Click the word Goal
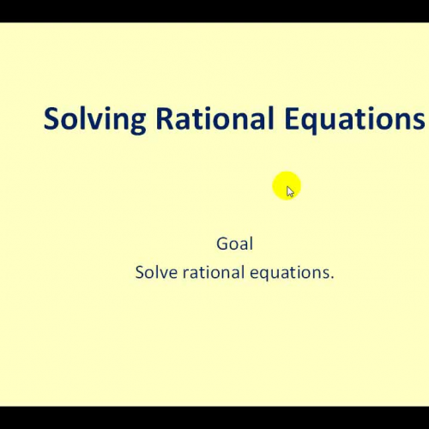pos(234,244)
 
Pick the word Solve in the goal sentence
pos(155,273)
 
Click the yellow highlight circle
pos(286,186)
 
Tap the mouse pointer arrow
pos(290,191)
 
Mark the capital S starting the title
pos(51,119)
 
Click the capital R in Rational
pos(165,119)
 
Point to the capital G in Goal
pos(222,244)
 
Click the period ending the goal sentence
pos(332,278)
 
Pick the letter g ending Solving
pos(140,124)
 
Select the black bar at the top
pos(214,10)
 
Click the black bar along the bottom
pos(214,417)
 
